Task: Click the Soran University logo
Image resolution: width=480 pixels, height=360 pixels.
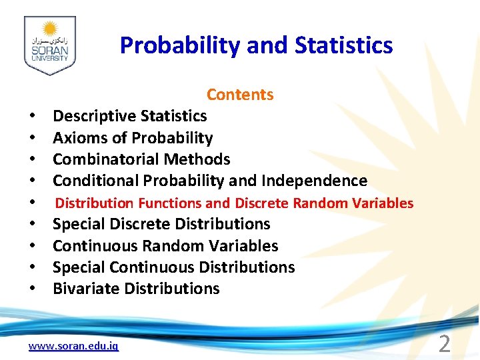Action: click(49, 45)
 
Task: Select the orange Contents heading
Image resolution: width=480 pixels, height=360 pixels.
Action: click(240, 95)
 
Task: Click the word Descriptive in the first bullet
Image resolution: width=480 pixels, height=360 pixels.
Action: click(93, 116)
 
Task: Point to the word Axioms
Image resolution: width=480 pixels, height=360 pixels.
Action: click(79, 138)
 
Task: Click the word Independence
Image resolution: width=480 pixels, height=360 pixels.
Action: click(314, 181)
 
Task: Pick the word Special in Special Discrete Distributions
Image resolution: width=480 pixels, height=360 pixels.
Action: click(77, 224)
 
